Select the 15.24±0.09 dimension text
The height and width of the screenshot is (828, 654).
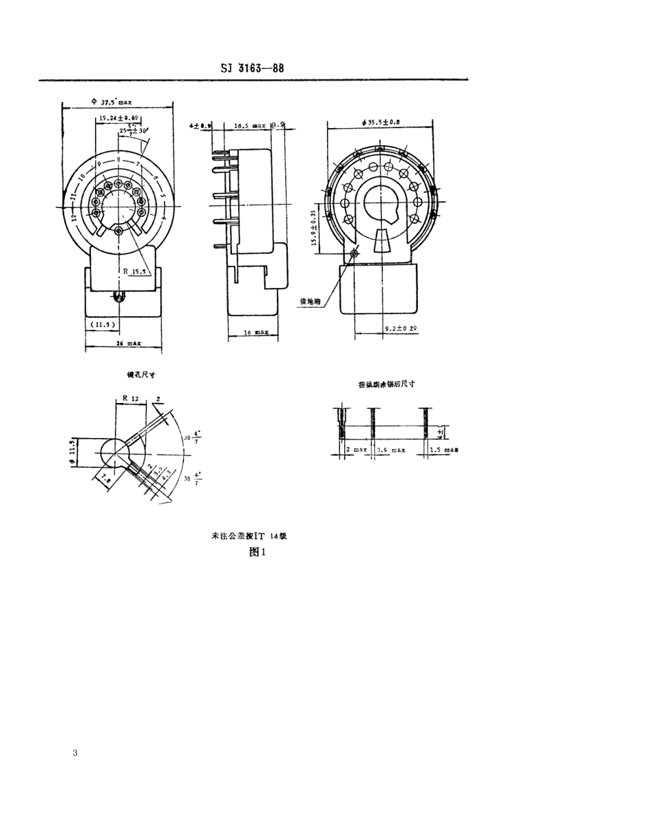[x=118, y=118]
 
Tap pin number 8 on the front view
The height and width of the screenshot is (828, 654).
[x=118, y=159]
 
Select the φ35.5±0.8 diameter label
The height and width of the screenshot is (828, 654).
[x=380, y=122]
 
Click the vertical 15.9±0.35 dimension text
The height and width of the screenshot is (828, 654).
[x=314, y=228]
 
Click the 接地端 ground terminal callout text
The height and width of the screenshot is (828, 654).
[x=310, y=301]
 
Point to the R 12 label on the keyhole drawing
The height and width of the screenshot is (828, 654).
[x=131, y=398]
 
